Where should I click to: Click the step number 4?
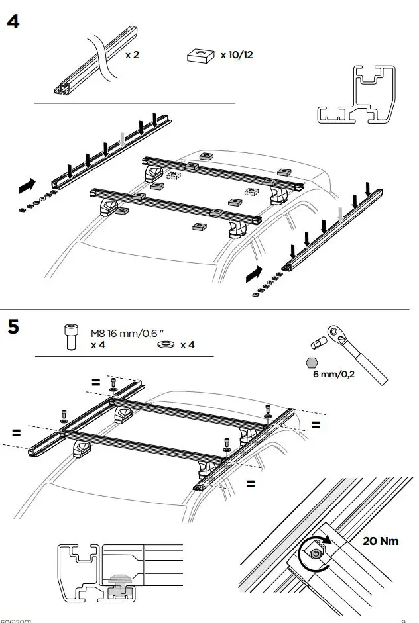click(x=13, y=21)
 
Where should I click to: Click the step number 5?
click(x=13, y=327)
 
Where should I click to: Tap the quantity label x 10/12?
click(x=237, y=55)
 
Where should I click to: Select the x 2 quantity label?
click(x=132, y=55)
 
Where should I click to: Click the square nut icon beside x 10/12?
click(x=202, y=56)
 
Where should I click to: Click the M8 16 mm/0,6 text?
click(x=126, y=334)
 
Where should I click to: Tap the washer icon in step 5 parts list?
click(x=166, y=345)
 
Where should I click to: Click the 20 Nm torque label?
click(x=381, y=541)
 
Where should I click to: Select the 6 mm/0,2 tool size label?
click(x=333, y=374)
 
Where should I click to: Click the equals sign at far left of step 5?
click(x=16, y=433)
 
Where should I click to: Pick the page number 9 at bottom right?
click(x=403, y=620)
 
